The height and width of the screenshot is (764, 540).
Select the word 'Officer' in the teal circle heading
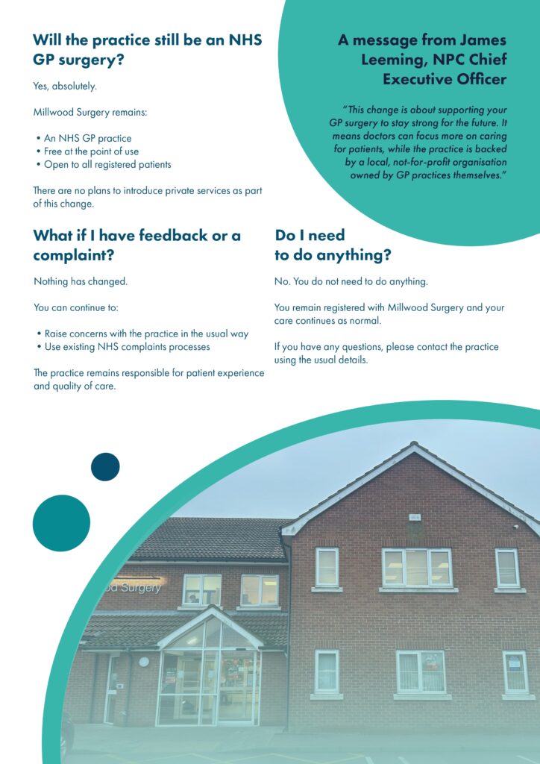coord(477,79)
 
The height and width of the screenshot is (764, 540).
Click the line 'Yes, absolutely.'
coord(65,87)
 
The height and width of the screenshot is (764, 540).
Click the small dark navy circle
coord(105,467)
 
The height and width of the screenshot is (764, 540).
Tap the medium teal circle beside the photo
coord(61,523)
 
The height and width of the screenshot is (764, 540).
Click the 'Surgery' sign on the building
coord(133,587)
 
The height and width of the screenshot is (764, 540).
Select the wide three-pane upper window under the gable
coord(417,568)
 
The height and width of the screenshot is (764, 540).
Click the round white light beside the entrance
coord(144,662)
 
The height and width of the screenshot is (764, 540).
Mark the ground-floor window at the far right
coord(515,672)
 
